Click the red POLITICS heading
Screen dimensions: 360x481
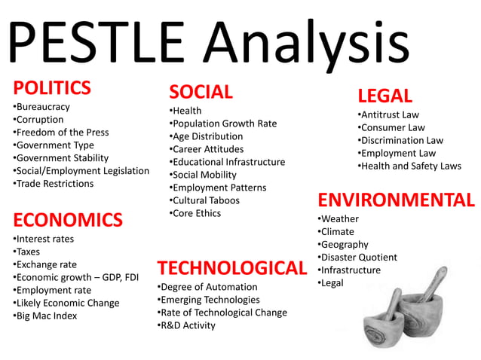(x=52, y=87)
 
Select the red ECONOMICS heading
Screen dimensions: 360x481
(x=68, y=220)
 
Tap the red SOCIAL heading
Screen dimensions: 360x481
(x=201, y=92)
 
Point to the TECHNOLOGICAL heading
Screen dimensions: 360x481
(x=231, y=267)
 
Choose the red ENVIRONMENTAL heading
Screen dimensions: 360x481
(x=396, y=200)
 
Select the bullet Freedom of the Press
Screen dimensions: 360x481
(x=61, y=133)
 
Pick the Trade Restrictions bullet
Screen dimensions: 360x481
(x=54, y=184)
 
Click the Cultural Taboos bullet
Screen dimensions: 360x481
(x=204, y=200)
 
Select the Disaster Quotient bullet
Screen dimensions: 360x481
(x=357, y=258)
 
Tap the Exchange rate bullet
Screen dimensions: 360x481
(x=45, y=264)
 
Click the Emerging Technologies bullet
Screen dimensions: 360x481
(x=208, y=300)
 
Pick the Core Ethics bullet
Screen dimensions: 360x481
(x=195, y=213)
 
